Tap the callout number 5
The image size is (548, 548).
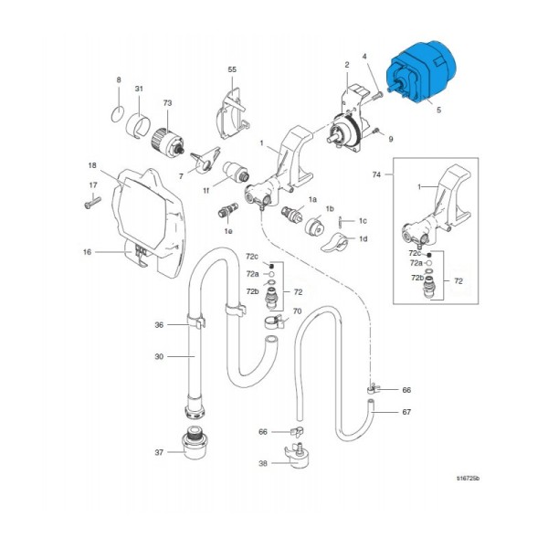438,111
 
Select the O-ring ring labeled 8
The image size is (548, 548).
116,114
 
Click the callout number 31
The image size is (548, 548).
139,89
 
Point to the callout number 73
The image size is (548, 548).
167,104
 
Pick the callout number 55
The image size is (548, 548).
231,69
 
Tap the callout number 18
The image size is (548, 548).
92,165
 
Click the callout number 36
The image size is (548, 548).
159,324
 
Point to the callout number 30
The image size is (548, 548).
159,356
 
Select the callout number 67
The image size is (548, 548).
406,413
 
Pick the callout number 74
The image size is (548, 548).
376,173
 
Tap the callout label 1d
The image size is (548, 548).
364,238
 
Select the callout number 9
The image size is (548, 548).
390,140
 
